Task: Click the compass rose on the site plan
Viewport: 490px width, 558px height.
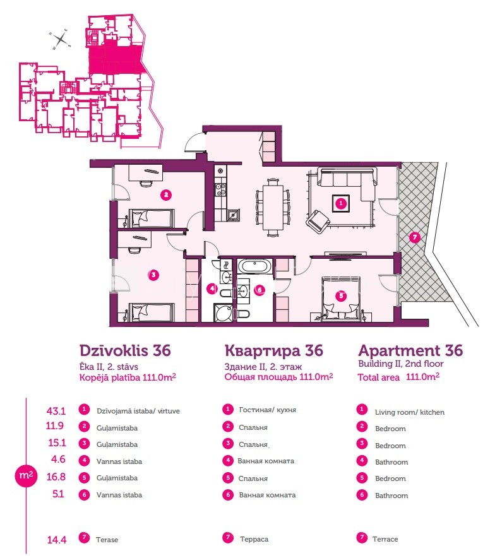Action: [61, 39]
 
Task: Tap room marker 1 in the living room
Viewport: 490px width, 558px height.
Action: [341, 203]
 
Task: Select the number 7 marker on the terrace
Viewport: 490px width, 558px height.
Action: [414, 237]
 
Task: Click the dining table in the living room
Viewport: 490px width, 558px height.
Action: [273, 207]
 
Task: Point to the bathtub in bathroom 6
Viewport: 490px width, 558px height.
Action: [255, 266]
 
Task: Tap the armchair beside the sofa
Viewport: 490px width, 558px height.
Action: [317, 222]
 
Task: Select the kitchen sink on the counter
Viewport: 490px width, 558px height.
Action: [233, 215]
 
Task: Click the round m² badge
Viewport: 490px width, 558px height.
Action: [26, 475]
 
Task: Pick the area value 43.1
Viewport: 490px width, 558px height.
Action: [56, 411]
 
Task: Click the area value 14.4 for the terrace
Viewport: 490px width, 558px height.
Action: [57, 540]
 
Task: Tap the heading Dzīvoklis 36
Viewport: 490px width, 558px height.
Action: [125, 350]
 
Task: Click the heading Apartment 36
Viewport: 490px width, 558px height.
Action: [410, 350]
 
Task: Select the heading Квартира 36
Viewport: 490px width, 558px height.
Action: [274, 350]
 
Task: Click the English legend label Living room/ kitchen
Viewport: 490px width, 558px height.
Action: [410, 412]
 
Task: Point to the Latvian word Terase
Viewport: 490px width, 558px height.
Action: [107, 540]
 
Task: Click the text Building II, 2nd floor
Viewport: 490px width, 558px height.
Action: [400, 364]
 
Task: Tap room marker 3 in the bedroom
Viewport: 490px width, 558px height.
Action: [153, 275]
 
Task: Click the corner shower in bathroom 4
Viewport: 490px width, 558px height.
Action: [224, 313]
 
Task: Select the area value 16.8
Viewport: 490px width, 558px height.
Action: [56, 477]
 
